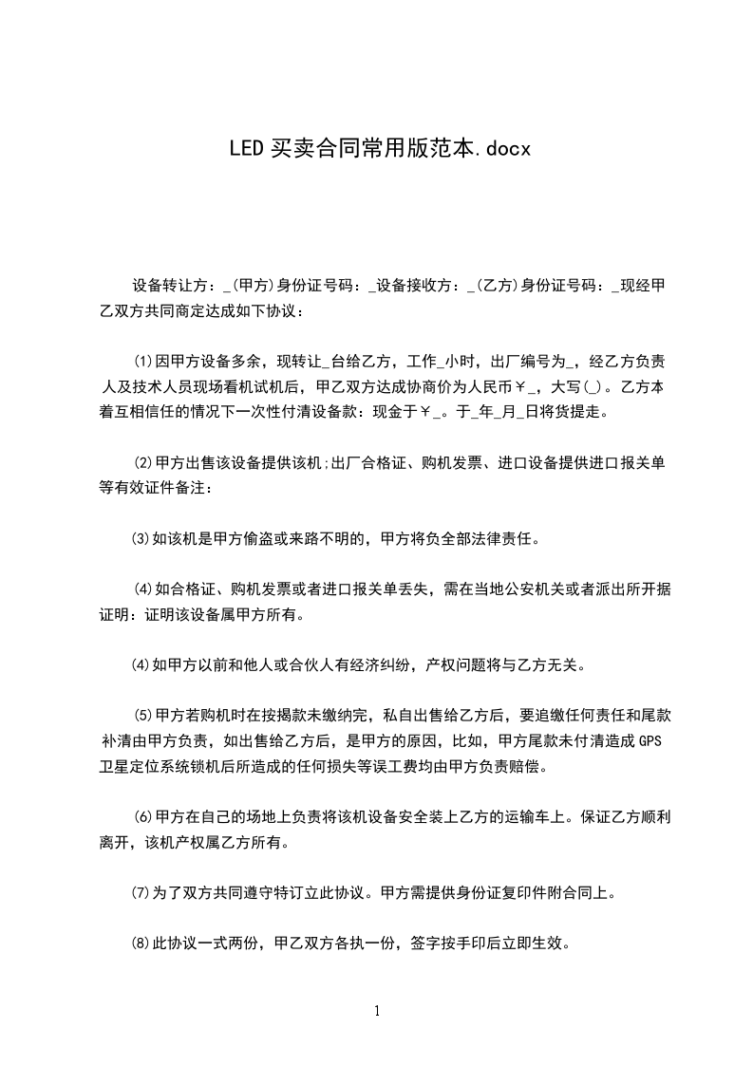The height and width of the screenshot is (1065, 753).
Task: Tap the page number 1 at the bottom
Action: click(x=377, y=1011)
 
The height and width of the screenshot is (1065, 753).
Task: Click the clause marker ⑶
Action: click(x=141, y=540)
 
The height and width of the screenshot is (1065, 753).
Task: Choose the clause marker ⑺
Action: click(x=141, y=893)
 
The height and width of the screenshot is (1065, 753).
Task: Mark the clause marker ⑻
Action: click(x=141, y=944)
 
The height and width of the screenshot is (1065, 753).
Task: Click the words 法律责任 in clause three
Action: click(x=507, y=540)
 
